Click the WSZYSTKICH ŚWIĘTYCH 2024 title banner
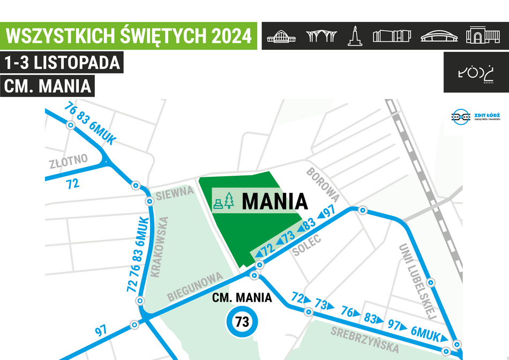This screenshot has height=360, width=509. pyautogui.click(x=129, y=36)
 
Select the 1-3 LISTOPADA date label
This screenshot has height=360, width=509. pyautogui.click(x=62, y=63)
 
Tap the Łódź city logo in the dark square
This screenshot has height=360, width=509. pyautogui.click(x=473, y=72)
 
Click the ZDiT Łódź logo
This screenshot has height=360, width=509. pyautogui.click(x=471, y=117)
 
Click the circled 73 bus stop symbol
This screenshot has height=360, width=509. pyautogui.click(x=242, y=322)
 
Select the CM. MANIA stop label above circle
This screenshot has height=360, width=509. pyautogui.click(x=242, y=298)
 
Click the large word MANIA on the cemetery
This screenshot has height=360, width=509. pyautogui.click(x=275, y=201)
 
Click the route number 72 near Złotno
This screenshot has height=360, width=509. pyautogui.click(x=72, y=184)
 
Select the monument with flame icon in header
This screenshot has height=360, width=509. pyautogui.click(x=354, y=35)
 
